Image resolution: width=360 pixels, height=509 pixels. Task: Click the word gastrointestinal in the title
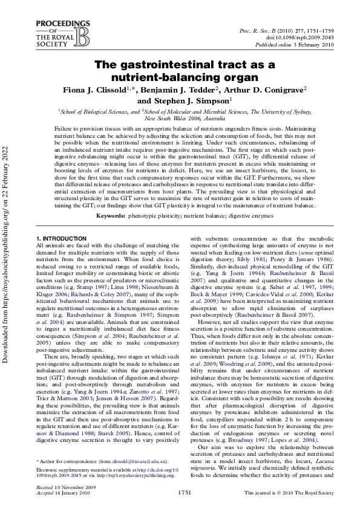[x=175, y=65]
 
